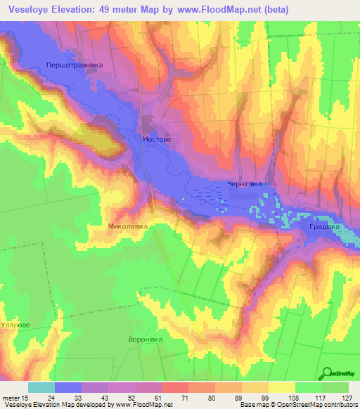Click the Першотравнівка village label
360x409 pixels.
(74, 65)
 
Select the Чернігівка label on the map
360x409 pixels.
(245, 184)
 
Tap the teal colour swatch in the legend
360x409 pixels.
(41, 387)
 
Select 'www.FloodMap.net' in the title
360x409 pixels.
(220, 10)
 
